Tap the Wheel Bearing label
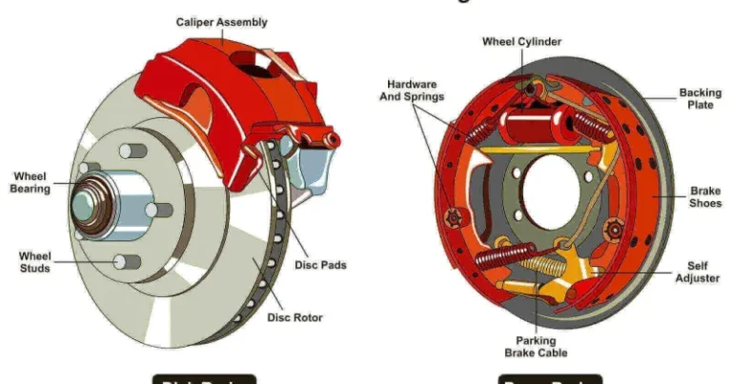point(30,182)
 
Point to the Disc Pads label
point(320,265)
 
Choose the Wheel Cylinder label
point(521,42)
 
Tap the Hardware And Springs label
point(412,89)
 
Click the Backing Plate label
point(700,99)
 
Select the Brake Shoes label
point(705,197)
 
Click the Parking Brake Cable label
point(541,347)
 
